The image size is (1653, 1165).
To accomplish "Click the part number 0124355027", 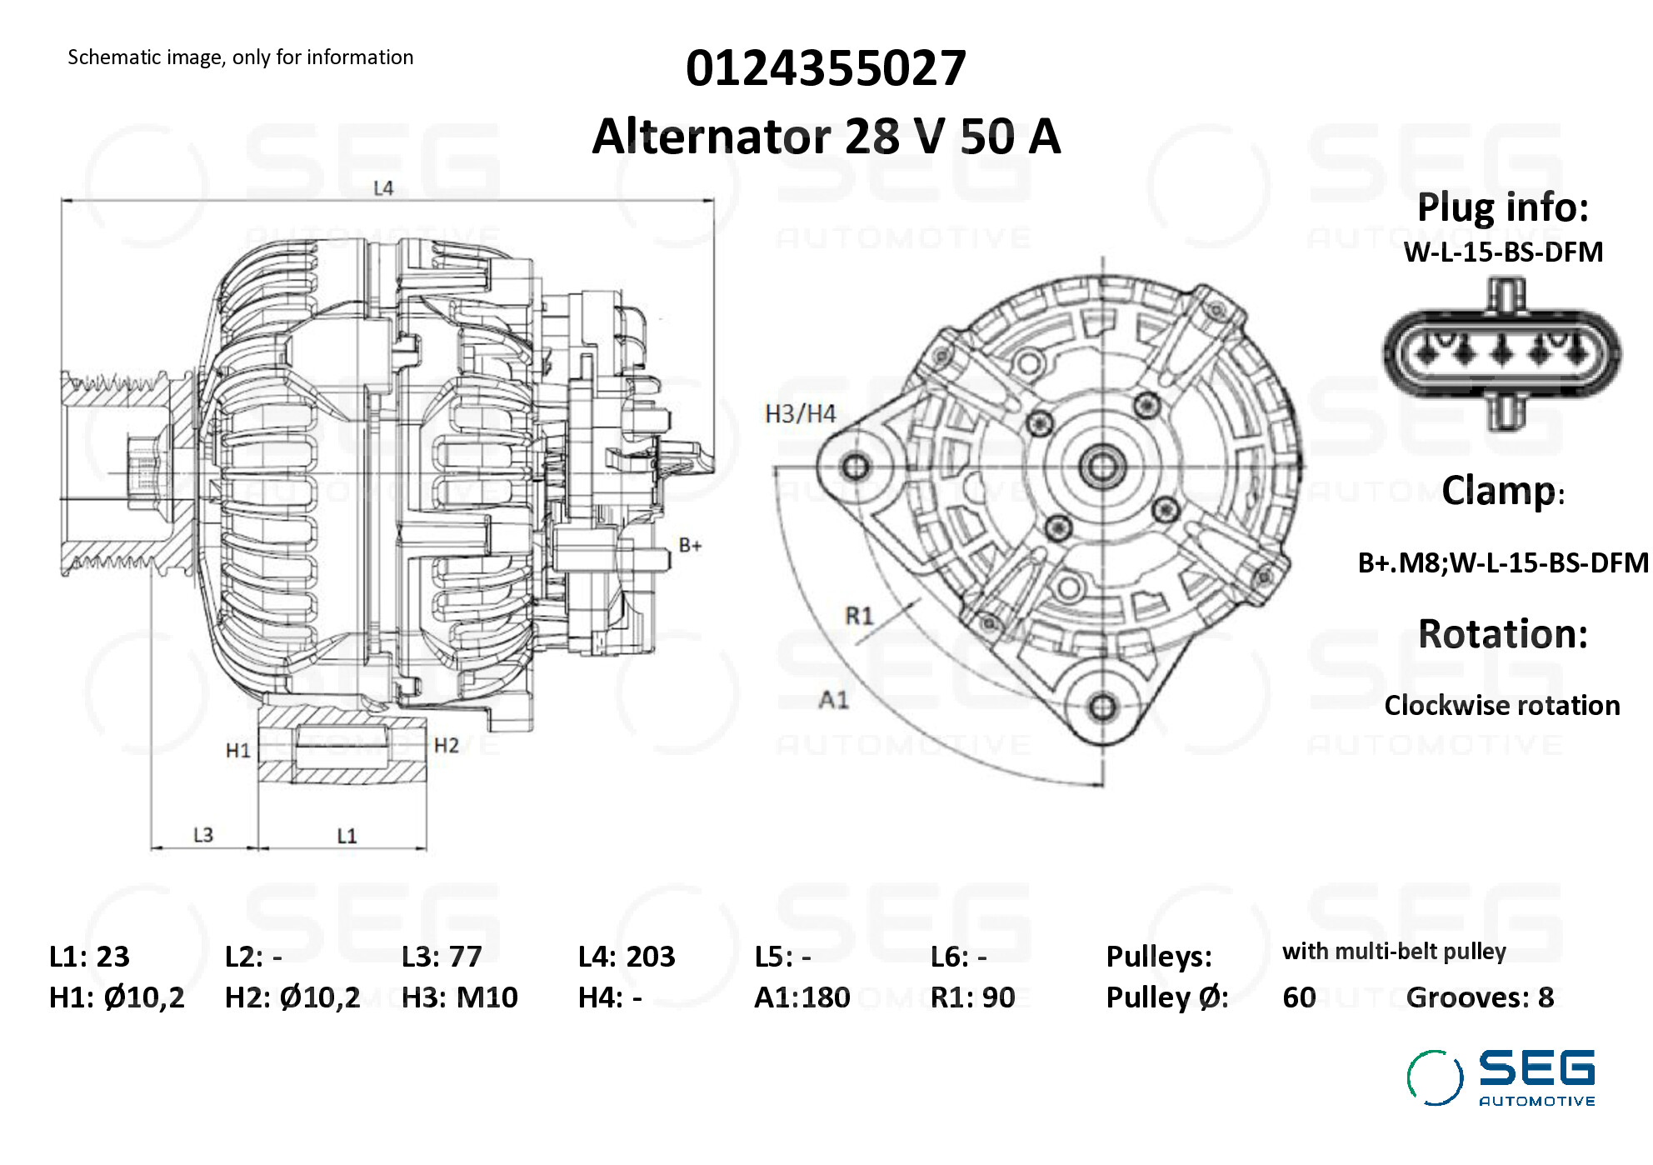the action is click(x=825, y=68).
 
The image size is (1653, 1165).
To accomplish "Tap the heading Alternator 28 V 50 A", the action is click(x=825, y=136).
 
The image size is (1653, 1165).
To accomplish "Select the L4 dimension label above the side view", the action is click(x=383, y=188).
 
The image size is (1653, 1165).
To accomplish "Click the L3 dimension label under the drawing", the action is click(x=203, y=834).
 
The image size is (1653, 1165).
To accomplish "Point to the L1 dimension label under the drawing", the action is click(x=347, y=835).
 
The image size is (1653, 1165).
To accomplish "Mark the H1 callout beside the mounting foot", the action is click(x=238, y=750).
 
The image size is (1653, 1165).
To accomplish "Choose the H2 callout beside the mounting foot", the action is click(x=447, y=745).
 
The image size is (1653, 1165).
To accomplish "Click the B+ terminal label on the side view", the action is click(x=690, y=545).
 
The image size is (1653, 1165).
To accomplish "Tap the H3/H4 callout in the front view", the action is click(x=800, y=413).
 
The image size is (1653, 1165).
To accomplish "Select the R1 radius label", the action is click(x=859, y=616).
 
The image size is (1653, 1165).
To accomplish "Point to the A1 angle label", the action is click(x=834, y=699).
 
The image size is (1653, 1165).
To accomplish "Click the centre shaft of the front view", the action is click(x=1102, y=467).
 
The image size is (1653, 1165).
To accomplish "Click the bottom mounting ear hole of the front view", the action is click(x=1102, y=707).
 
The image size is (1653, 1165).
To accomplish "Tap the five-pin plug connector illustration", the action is click(x=1502, y=353).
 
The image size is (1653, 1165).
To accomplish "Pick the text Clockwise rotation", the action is click(x=1501, y=705).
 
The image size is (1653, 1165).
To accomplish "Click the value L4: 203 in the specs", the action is click(x=626, y=956).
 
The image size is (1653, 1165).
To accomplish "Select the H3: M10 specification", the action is click(x=459, y=997).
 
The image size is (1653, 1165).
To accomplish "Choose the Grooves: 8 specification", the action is click(x=1479, y=997).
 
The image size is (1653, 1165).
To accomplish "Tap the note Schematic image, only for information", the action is click(x=240, y=57).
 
